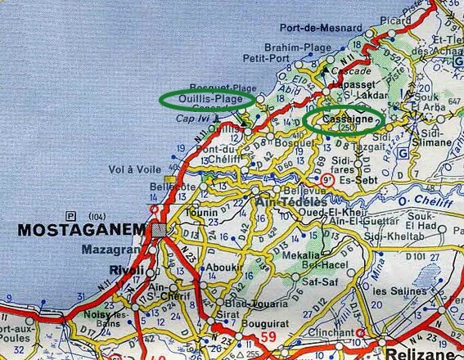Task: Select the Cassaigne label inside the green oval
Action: [x=344, y=119]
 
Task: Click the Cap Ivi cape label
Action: [x=193, y=119]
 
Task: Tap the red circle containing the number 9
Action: [x=326, y=178]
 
